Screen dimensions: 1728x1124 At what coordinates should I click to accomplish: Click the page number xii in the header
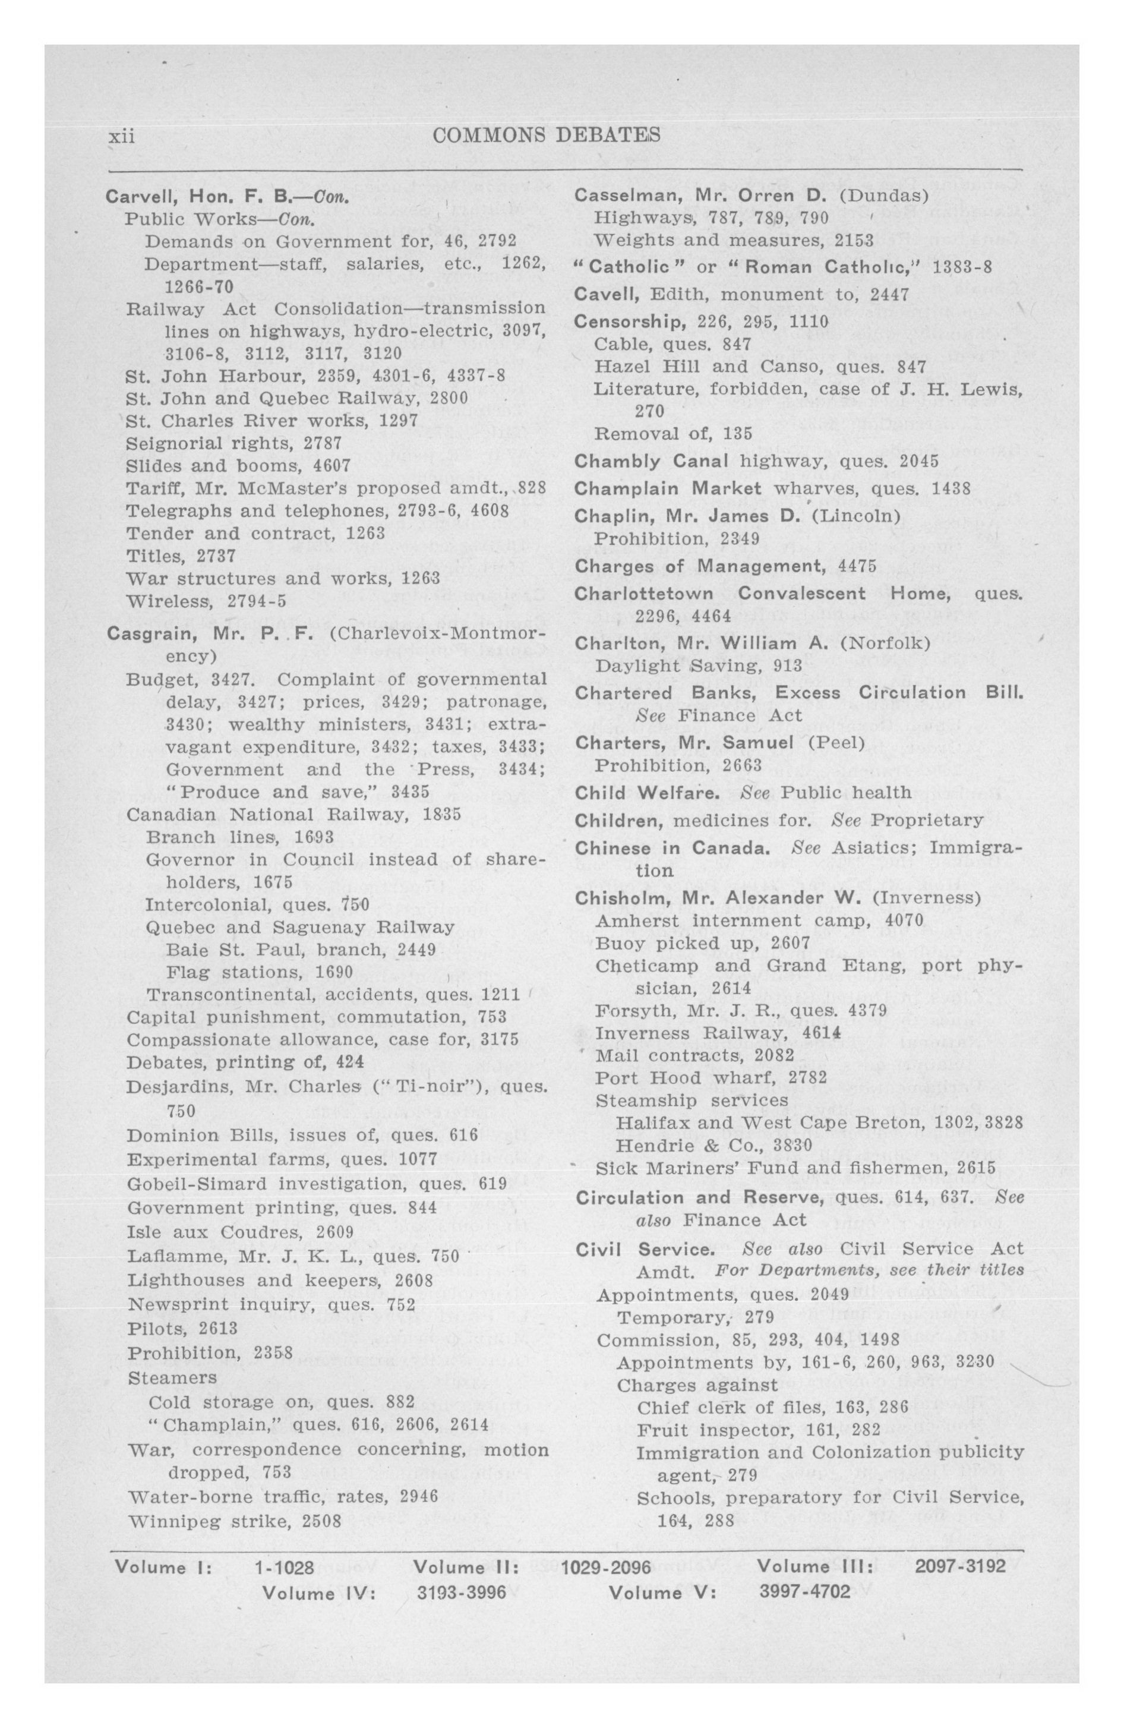pyautogui.click(x=121, y=135)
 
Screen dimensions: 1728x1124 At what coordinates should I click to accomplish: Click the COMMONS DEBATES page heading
pyautogui.click(x=545, y=135)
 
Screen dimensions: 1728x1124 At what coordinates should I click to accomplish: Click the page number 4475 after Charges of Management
pyautogui.click(x=857, y=566)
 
